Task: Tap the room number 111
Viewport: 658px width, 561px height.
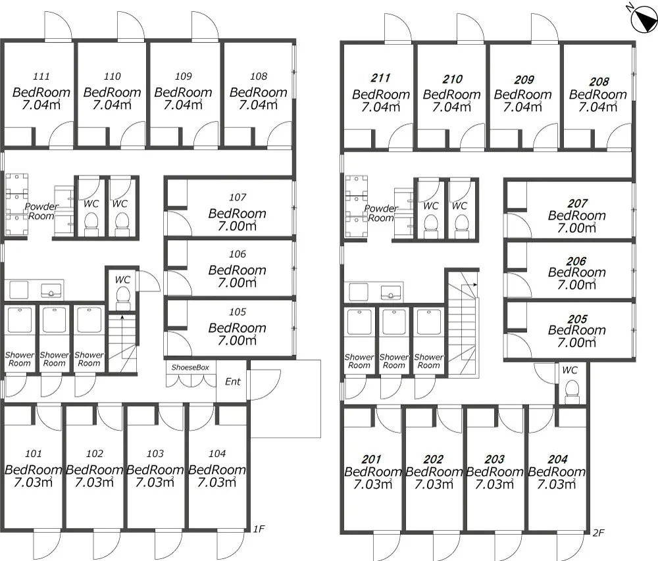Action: pyautogui.click(x=41, y=76)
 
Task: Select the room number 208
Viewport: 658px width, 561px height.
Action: pyautogui.click(x=599, y=82)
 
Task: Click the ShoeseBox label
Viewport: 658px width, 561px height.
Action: pyautogui.click(x=190, y=367)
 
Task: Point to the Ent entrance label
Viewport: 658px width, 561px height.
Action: pyautogui.click(x=232, y=381)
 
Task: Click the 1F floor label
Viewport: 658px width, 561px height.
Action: pyautogui.click(x=259, y=529)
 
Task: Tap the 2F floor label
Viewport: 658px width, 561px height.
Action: pyautogui.click(x=598, y=533)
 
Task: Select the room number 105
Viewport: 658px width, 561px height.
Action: pyautogui.click(x=237, y=312)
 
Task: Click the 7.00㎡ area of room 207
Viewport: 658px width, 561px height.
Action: pyautogui.click(x=576, y=228)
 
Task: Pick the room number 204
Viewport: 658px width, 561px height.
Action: pyautogui.click(x=558, y=460)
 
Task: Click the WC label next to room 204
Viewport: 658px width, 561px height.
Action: pyautogui.click(x=569, y=370)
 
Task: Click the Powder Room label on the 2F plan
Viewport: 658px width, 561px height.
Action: pyautogui.click(x=380, y=213)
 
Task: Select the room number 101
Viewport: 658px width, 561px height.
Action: pyautogui.click(x=33, y=454)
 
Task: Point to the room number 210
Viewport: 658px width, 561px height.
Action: pyautogui.click(x=453, y=79)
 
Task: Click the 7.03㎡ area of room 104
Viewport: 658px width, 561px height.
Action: pyautogui.click(x=216, y=482)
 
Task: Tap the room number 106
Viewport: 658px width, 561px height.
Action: pyautogui.click(x=237, y=254)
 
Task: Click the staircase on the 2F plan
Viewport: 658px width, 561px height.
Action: pyautogui.click(x=462, y=323)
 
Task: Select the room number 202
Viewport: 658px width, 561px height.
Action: pyautogui.click(x=434, y=460)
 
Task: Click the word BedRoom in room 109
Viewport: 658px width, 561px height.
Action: pyautogui.click(x=183, y=92)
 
